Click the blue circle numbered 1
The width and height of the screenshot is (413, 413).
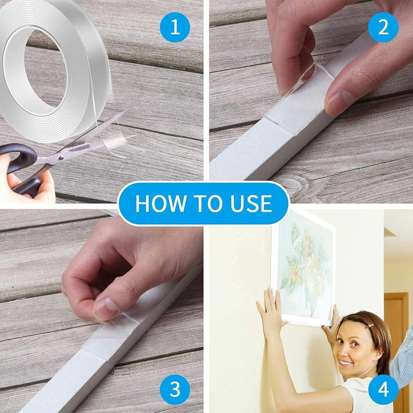[175, 27]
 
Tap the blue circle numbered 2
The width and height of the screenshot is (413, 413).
[383, 27]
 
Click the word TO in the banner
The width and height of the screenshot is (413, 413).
[205, 203]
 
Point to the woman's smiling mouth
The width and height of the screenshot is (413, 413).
[346, 363]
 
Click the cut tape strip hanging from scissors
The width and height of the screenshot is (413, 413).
[120, 140]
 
